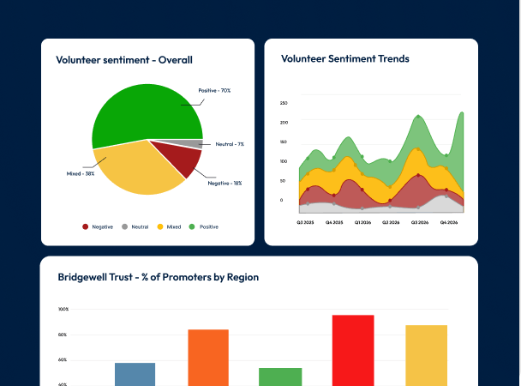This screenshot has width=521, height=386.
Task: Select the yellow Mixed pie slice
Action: tap(136, 170)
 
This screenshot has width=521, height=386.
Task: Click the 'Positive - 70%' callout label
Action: tap(214, 90)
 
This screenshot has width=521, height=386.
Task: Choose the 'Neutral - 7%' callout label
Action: tap(230, 144)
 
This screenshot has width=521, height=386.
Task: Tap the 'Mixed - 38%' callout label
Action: tap(81, 173)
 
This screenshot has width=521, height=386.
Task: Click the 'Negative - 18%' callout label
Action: tap(225, 184)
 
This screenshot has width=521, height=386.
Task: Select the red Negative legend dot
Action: tap(86, 226)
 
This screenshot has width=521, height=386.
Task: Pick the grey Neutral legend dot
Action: tap(124, 226)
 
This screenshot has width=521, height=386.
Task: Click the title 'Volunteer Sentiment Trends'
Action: tap(344, 58)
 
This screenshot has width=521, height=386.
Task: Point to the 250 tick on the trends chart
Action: tap(284, 103)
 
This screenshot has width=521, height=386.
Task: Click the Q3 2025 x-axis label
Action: tap(305, 222)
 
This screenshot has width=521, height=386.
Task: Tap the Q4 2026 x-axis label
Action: tap(449, 222)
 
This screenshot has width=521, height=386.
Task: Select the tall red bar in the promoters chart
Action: tap(353, 351)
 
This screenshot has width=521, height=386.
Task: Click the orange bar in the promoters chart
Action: tap(208, 358)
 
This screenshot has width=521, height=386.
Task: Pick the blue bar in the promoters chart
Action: tap(135, 374)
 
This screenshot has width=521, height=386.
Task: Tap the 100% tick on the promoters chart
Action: tap(63, 309)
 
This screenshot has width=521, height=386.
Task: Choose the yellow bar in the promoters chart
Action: tap(426, 355)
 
